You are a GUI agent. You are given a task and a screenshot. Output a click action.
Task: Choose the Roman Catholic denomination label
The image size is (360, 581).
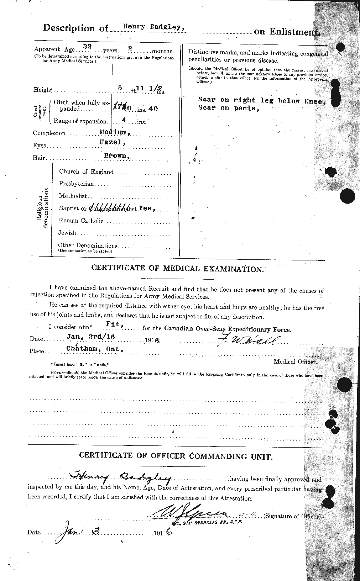pos(81,221)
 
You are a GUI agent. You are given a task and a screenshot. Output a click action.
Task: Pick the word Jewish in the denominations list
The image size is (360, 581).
pos(68,233)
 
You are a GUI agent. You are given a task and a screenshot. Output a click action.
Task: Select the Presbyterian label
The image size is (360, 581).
pos(77,184)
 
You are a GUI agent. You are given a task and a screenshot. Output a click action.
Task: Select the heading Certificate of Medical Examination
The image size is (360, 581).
pos(177,268)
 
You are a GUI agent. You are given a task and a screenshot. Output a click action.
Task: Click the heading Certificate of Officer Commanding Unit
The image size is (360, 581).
pos(177,456)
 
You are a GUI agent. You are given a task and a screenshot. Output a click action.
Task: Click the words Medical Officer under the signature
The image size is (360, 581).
pos(294,362)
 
